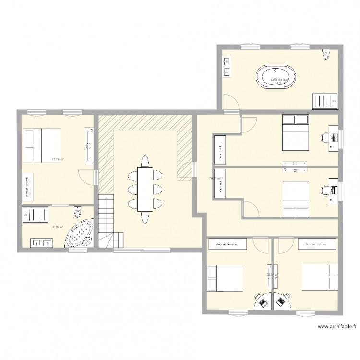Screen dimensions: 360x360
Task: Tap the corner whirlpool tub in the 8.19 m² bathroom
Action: point(79,234)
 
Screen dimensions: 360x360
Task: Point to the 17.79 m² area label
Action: point(58,160)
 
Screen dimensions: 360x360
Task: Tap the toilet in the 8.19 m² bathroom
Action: point(78,211)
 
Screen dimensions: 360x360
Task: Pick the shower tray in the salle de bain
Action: point(324,101)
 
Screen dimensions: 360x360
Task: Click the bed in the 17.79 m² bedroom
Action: point(43,145)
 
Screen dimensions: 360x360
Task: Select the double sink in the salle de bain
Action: point(227,67)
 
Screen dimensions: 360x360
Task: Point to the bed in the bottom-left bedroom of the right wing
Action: point(225,279)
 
